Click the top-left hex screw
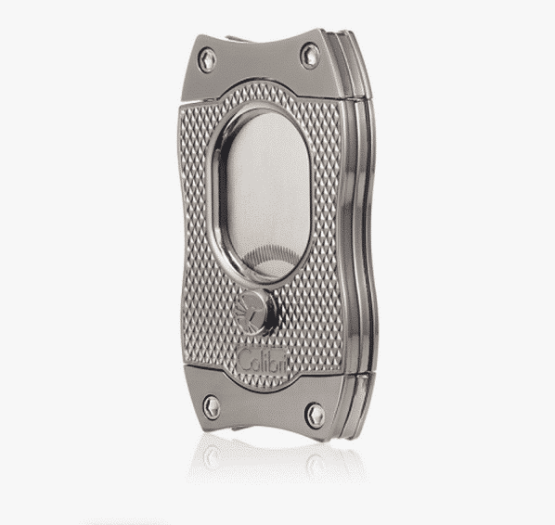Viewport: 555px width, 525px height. tap(207, 59)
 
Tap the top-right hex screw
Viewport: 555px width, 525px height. tap(310, 56)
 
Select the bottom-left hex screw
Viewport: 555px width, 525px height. tap(212, 407)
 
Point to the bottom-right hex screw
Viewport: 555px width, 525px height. tap(315, 416)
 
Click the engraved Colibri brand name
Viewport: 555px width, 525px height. tap(263, 360)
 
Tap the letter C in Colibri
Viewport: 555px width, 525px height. tap(244, 360)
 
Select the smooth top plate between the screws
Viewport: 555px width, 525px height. tap(258, 67)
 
